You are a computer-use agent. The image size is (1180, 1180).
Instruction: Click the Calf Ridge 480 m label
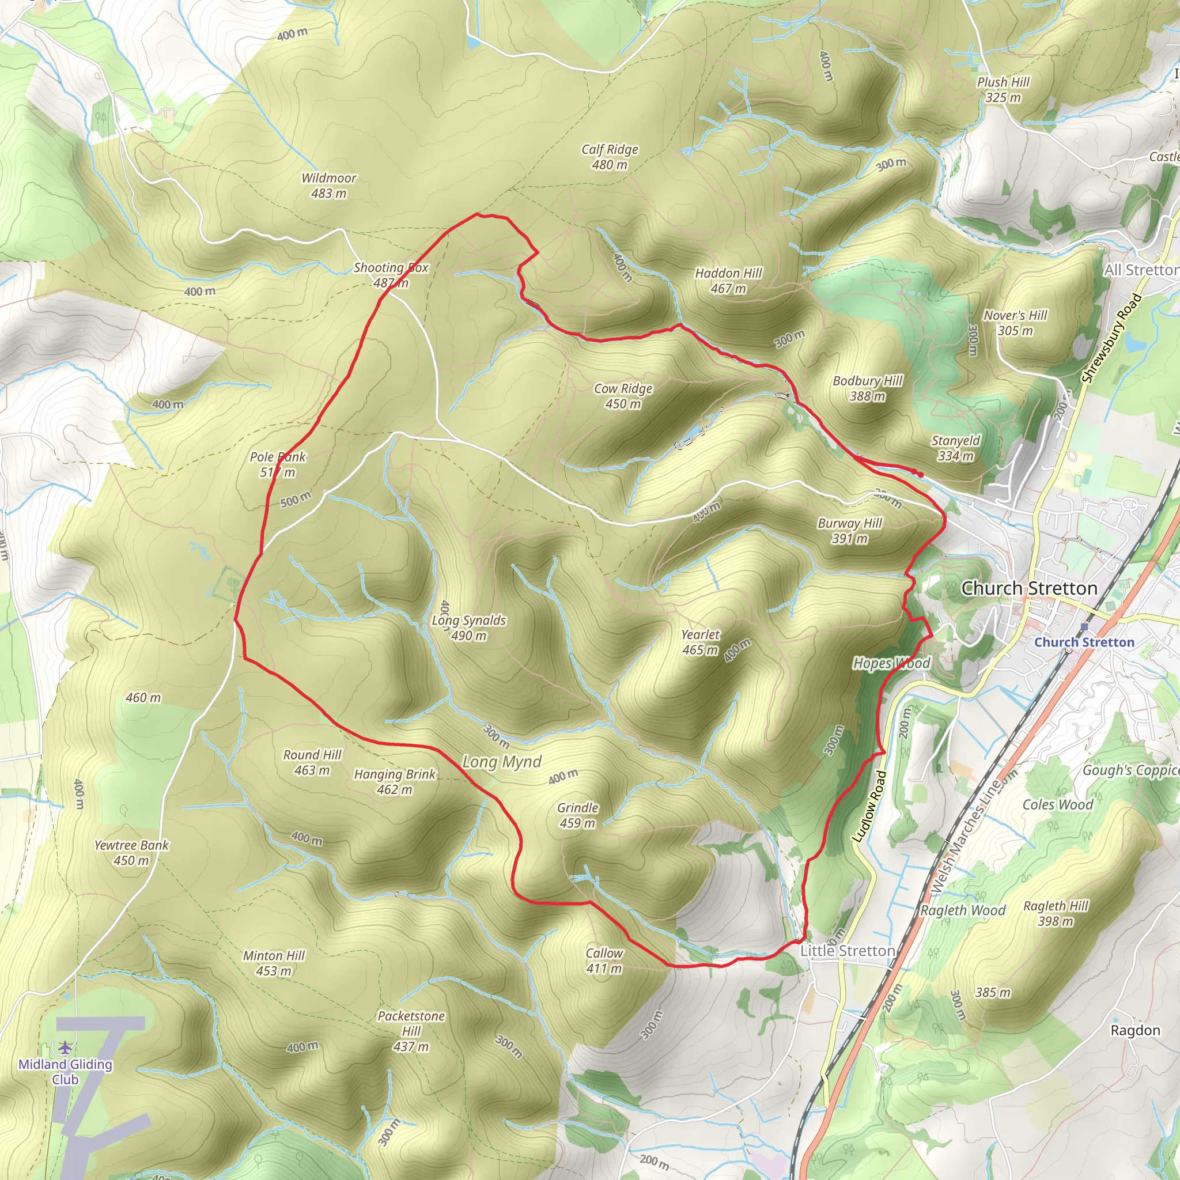tap(610, 157)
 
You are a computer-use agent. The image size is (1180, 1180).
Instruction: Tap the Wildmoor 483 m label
tap(328, 186)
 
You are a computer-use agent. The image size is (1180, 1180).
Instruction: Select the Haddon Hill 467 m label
tap(728, 281)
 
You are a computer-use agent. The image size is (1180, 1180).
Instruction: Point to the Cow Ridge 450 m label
tap(623, 396)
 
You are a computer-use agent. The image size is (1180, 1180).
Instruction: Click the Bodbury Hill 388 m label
tap(867, 388)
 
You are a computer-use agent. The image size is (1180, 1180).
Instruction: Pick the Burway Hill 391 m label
tap(850, 531)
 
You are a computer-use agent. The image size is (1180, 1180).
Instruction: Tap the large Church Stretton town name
tap(1029, 588)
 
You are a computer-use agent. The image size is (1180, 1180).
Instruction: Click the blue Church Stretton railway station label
tap(1084, 642)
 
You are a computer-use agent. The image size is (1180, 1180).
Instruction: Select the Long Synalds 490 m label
tap(468, 628)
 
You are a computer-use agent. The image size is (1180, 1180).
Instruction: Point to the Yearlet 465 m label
tap(700, 642)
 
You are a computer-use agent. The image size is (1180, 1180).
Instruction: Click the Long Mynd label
tap(501, 762)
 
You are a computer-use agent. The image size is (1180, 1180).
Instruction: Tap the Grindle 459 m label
tap(577, 815)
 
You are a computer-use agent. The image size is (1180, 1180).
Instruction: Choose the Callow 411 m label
tap(604, 960)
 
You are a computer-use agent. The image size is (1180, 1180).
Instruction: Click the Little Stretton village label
tap(847, 951)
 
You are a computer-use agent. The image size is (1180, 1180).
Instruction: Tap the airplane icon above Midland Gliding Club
tap(65, 1048)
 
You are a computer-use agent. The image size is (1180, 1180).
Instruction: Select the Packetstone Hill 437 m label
tap(411, 1031)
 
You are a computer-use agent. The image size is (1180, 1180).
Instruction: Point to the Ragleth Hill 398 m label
tap(1056, 913)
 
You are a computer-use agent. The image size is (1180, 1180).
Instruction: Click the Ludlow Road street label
tap(868, 807)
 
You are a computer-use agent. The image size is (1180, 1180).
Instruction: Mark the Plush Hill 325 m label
tap(1003, 89)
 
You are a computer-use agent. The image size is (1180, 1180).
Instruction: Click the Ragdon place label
tap(1135, 1030)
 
